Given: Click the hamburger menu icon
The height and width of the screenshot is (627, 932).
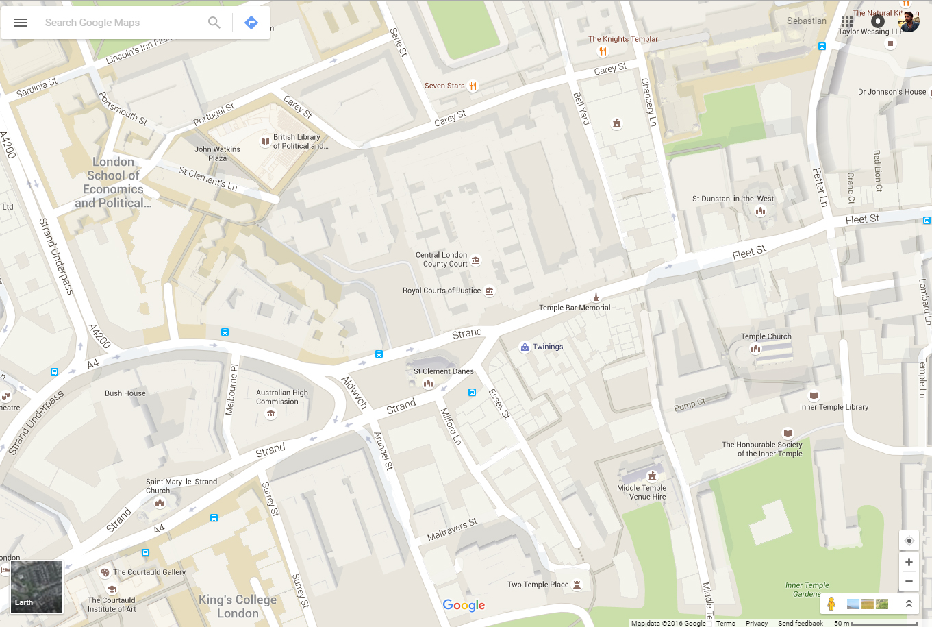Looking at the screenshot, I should (21, 23).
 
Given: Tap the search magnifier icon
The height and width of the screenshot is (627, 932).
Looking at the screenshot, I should (214, 23).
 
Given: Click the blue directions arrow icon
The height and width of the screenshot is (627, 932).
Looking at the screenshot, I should (251, 23).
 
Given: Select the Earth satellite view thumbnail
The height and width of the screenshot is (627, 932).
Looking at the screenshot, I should (37, 587).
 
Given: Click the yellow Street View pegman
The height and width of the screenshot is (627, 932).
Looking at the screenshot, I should (831, 604).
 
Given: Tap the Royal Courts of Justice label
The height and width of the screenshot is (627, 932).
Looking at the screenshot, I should (442, 291).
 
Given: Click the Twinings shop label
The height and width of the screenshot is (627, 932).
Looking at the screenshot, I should (548, 347).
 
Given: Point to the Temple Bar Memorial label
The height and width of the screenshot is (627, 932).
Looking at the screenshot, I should (574, 308).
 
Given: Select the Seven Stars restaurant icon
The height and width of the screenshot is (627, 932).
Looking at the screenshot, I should (473, 86).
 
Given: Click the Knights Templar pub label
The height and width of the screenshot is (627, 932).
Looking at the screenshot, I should (622, 39).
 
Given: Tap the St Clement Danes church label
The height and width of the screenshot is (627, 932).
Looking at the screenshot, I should (443, 371).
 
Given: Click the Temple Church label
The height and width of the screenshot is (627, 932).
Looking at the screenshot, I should (766, 336).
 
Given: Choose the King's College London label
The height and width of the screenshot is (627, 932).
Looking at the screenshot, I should (238, 606).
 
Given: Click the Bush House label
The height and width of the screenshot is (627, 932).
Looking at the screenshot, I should (125, 393).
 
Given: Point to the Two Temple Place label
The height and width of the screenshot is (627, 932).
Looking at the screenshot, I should (538, 585).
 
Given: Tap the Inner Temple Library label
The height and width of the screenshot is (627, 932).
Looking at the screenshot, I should (833, 407).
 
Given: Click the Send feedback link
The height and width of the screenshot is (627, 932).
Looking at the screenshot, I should (800, 623).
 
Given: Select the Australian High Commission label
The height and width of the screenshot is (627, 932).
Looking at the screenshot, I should (281, 397).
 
